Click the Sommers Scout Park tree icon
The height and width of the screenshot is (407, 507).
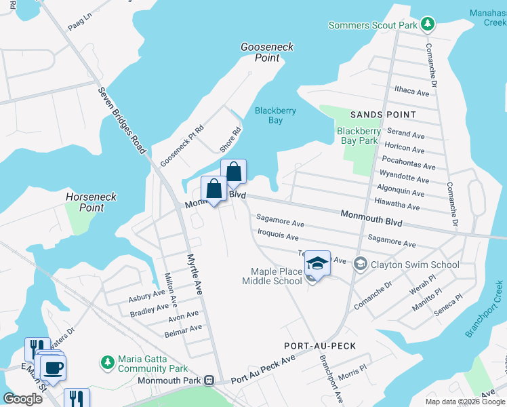pos(427,25)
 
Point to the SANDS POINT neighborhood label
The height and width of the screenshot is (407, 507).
pos(382,115)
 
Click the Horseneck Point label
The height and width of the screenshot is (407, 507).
pos(94,202)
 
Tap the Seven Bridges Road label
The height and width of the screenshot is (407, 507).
pos(122,120)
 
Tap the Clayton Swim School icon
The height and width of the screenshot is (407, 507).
pos(361,265)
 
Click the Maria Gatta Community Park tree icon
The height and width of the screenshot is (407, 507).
pos(107,363)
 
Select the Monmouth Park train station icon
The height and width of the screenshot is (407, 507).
pos(211,381)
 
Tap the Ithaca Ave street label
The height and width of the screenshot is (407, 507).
pos(413,92)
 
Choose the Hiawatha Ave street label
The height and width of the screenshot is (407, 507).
pos(397,206)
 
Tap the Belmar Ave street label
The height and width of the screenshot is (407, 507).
pos(183,329)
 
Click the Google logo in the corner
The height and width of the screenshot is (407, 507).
pos(22,398)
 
